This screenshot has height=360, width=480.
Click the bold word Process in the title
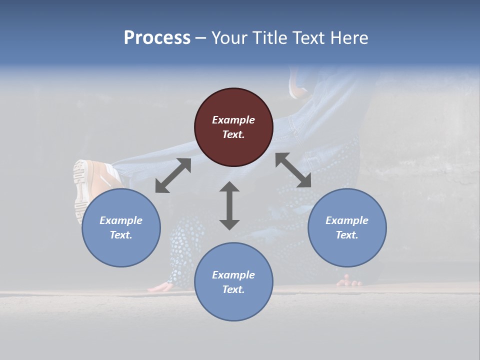point(157,38)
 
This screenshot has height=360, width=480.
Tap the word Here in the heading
point(348,38)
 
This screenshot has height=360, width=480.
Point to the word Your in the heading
point(229,38)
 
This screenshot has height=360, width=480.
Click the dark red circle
point(233,127)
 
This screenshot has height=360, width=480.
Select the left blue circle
point(121,227)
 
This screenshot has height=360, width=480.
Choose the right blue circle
point(347,227)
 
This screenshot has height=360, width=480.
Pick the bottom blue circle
point(233,282)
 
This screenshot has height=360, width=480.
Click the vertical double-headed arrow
point(229,205)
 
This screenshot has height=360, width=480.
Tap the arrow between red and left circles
point(173,175)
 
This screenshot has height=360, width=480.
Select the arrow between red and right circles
point(293,170)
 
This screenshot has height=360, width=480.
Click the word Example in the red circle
point(233,120)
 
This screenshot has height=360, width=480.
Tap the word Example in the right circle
point(347,220)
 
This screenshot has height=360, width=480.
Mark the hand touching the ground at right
point(349,281)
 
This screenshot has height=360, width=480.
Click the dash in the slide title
point(200,38)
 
